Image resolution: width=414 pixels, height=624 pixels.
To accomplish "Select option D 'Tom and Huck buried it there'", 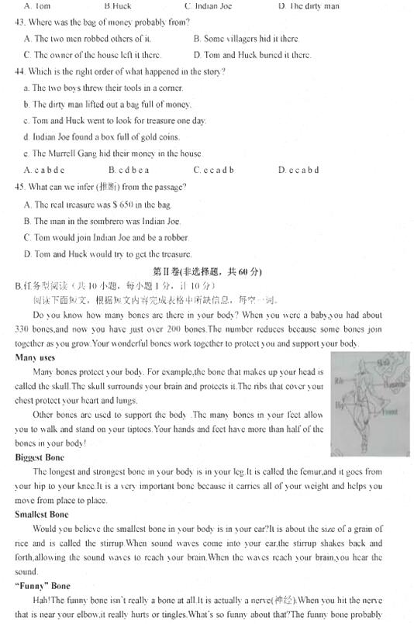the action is click(252, 55).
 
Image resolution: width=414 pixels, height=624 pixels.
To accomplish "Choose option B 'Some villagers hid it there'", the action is click(245, 38).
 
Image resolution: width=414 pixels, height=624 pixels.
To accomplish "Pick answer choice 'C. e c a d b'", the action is click(214, 170).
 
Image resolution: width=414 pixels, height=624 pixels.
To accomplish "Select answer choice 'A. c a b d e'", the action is click(44, 170).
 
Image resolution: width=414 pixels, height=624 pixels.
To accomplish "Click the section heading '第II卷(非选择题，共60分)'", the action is click(207, 271).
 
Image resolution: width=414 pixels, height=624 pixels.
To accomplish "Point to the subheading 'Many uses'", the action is click(35, 357).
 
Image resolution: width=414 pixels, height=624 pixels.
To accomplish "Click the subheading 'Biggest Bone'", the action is click(39, 457).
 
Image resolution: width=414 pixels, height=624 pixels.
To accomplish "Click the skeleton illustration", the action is click(370, 403).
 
